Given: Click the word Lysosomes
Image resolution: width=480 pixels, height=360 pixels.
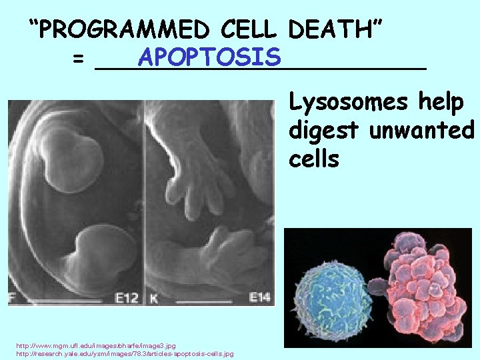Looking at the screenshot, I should (345, 103).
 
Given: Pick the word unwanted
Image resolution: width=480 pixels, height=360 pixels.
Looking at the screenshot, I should (421, 130).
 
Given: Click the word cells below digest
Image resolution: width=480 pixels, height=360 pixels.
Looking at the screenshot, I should (314, 159).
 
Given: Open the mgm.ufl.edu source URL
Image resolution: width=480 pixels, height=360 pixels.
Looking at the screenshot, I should (96, 345).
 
